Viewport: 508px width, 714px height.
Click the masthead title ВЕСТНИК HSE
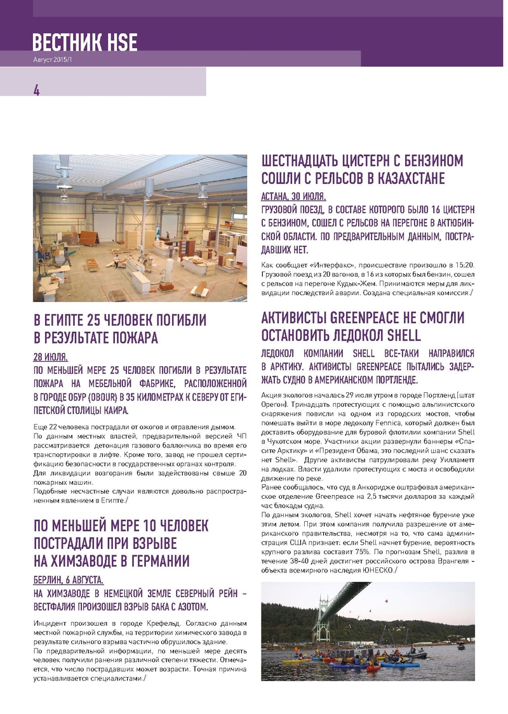[x=84, y=43]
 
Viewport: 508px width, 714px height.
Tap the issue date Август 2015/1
[x=55, y=59]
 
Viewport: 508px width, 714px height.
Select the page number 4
[x=37, y=90]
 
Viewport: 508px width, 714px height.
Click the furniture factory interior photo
[x=140, y=228]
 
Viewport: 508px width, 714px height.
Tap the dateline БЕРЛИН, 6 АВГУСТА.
[x=69, y=580]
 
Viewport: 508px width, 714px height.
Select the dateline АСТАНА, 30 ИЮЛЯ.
[x=293, y=195]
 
